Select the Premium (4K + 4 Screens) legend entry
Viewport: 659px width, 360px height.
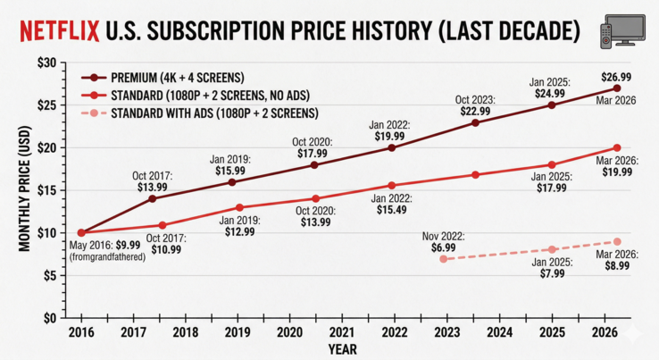[169, 79]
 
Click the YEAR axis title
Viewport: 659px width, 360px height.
[342, 348]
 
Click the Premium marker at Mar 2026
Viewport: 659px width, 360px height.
[617, 88]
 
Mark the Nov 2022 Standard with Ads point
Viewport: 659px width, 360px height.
[444, 259]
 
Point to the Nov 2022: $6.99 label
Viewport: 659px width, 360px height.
[444, 240]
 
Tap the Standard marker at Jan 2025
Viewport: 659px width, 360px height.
[552, 164]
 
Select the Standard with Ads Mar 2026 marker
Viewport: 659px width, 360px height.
[617, 241]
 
